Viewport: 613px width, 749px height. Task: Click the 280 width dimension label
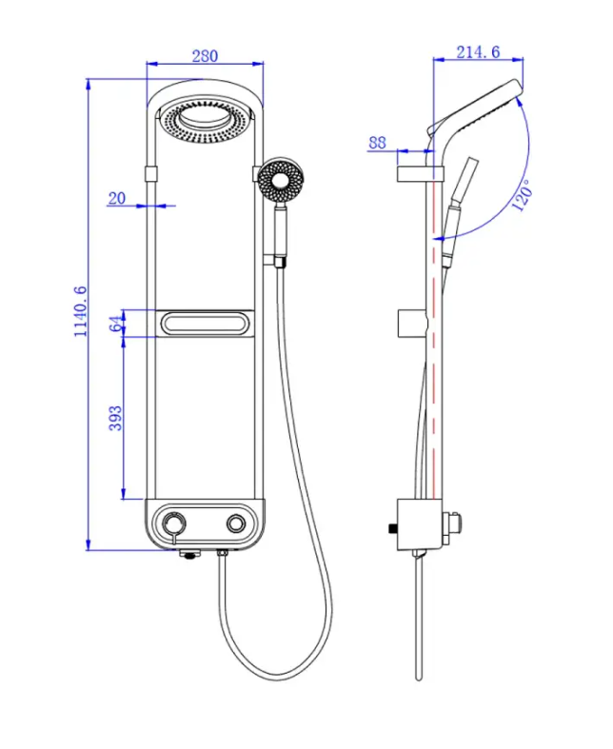click(205, 56)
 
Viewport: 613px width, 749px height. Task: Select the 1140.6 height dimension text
click(79, 311)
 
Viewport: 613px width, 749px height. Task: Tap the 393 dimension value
click(114, 419)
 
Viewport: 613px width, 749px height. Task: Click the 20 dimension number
click(117, 198)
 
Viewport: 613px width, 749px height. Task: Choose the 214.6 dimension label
click(477, 52)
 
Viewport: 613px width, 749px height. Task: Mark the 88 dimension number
click(377, 143)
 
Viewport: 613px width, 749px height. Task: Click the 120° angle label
click(522, 195)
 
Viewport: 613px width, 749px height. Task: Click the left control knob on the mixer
click(174, 525)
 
